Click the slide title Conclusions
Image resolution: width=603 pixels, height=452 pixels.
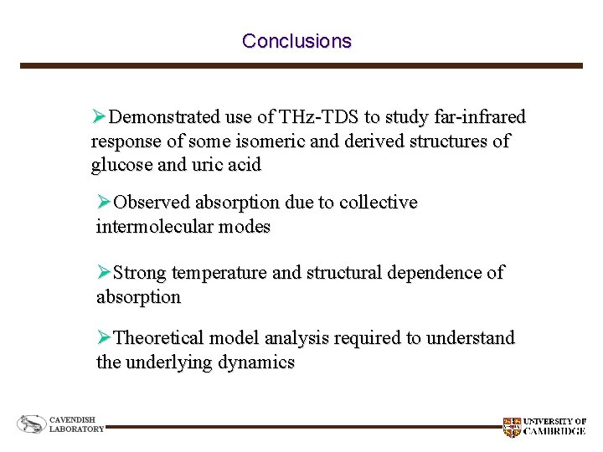296,41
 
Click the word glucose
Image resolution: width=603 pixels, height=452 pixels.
121,165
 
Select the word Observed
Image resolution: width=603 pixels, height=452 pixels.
152,203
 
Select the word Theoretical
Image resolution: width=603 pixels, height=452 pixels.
158,338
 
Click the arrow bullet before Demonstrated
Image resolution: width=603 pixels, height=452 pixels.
100,116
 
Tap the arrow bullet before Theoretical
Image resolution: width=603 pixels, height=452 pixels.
104,338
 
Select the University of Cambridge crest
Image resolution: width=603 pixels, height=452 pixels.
511,427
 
